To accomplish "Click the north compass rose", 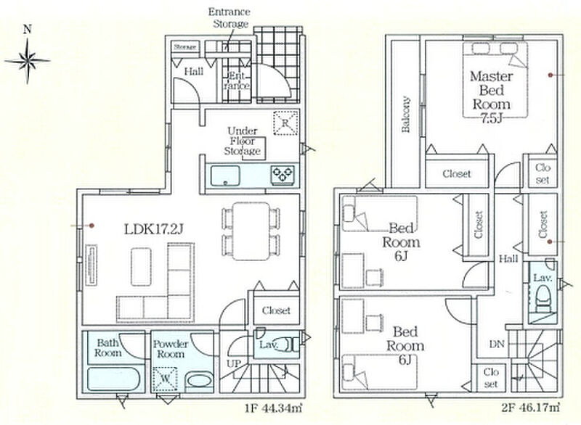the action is [x=27, y=59].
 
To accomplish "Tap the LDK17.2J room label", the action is [x=153, y=229].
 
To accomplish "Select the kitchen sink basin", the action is [x=225, y=176].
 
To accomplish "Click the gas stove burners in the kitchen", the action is [x=283, y=175].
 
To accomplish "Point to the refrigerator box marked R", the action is [x=285, y=123].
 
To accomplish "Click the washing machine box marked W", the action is [x=165, y=379].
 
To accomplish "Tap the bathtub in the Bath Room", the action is [x=113, y=379].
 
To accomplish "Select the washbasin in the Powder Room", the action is [x=198, y=381].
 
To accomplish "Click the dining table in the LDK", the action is [x=251, y=231].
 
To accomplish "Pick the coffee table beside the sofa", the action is [x=141, y=267].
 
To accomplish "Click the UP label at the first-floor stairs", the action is [x=233, y=363].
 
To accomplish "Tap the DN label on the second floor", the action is [x=497, y=344].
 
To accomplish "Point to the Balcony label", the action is [x=406, y=115].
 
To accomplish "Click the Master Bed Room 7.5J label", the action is [x=492, y=97].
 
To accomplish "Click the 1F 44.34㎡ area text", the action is [x=273, y=408].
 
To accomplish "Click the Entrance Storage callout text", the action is [x=229, y=17].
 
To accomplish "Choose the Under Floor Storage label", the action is [x=243, y=141].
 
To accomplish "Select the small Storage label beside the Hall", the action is [x=185, y=47].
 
